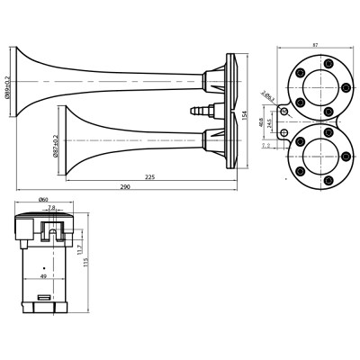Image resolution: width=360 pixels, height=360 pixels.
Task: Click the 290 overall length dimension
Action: tap(126, 185)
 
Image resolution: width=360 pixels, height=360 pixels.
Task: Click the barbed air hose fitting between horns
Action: tap(201, 112)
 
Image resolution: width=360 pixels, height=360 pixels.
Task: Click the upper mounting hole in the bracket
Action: tap(285, 110)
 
